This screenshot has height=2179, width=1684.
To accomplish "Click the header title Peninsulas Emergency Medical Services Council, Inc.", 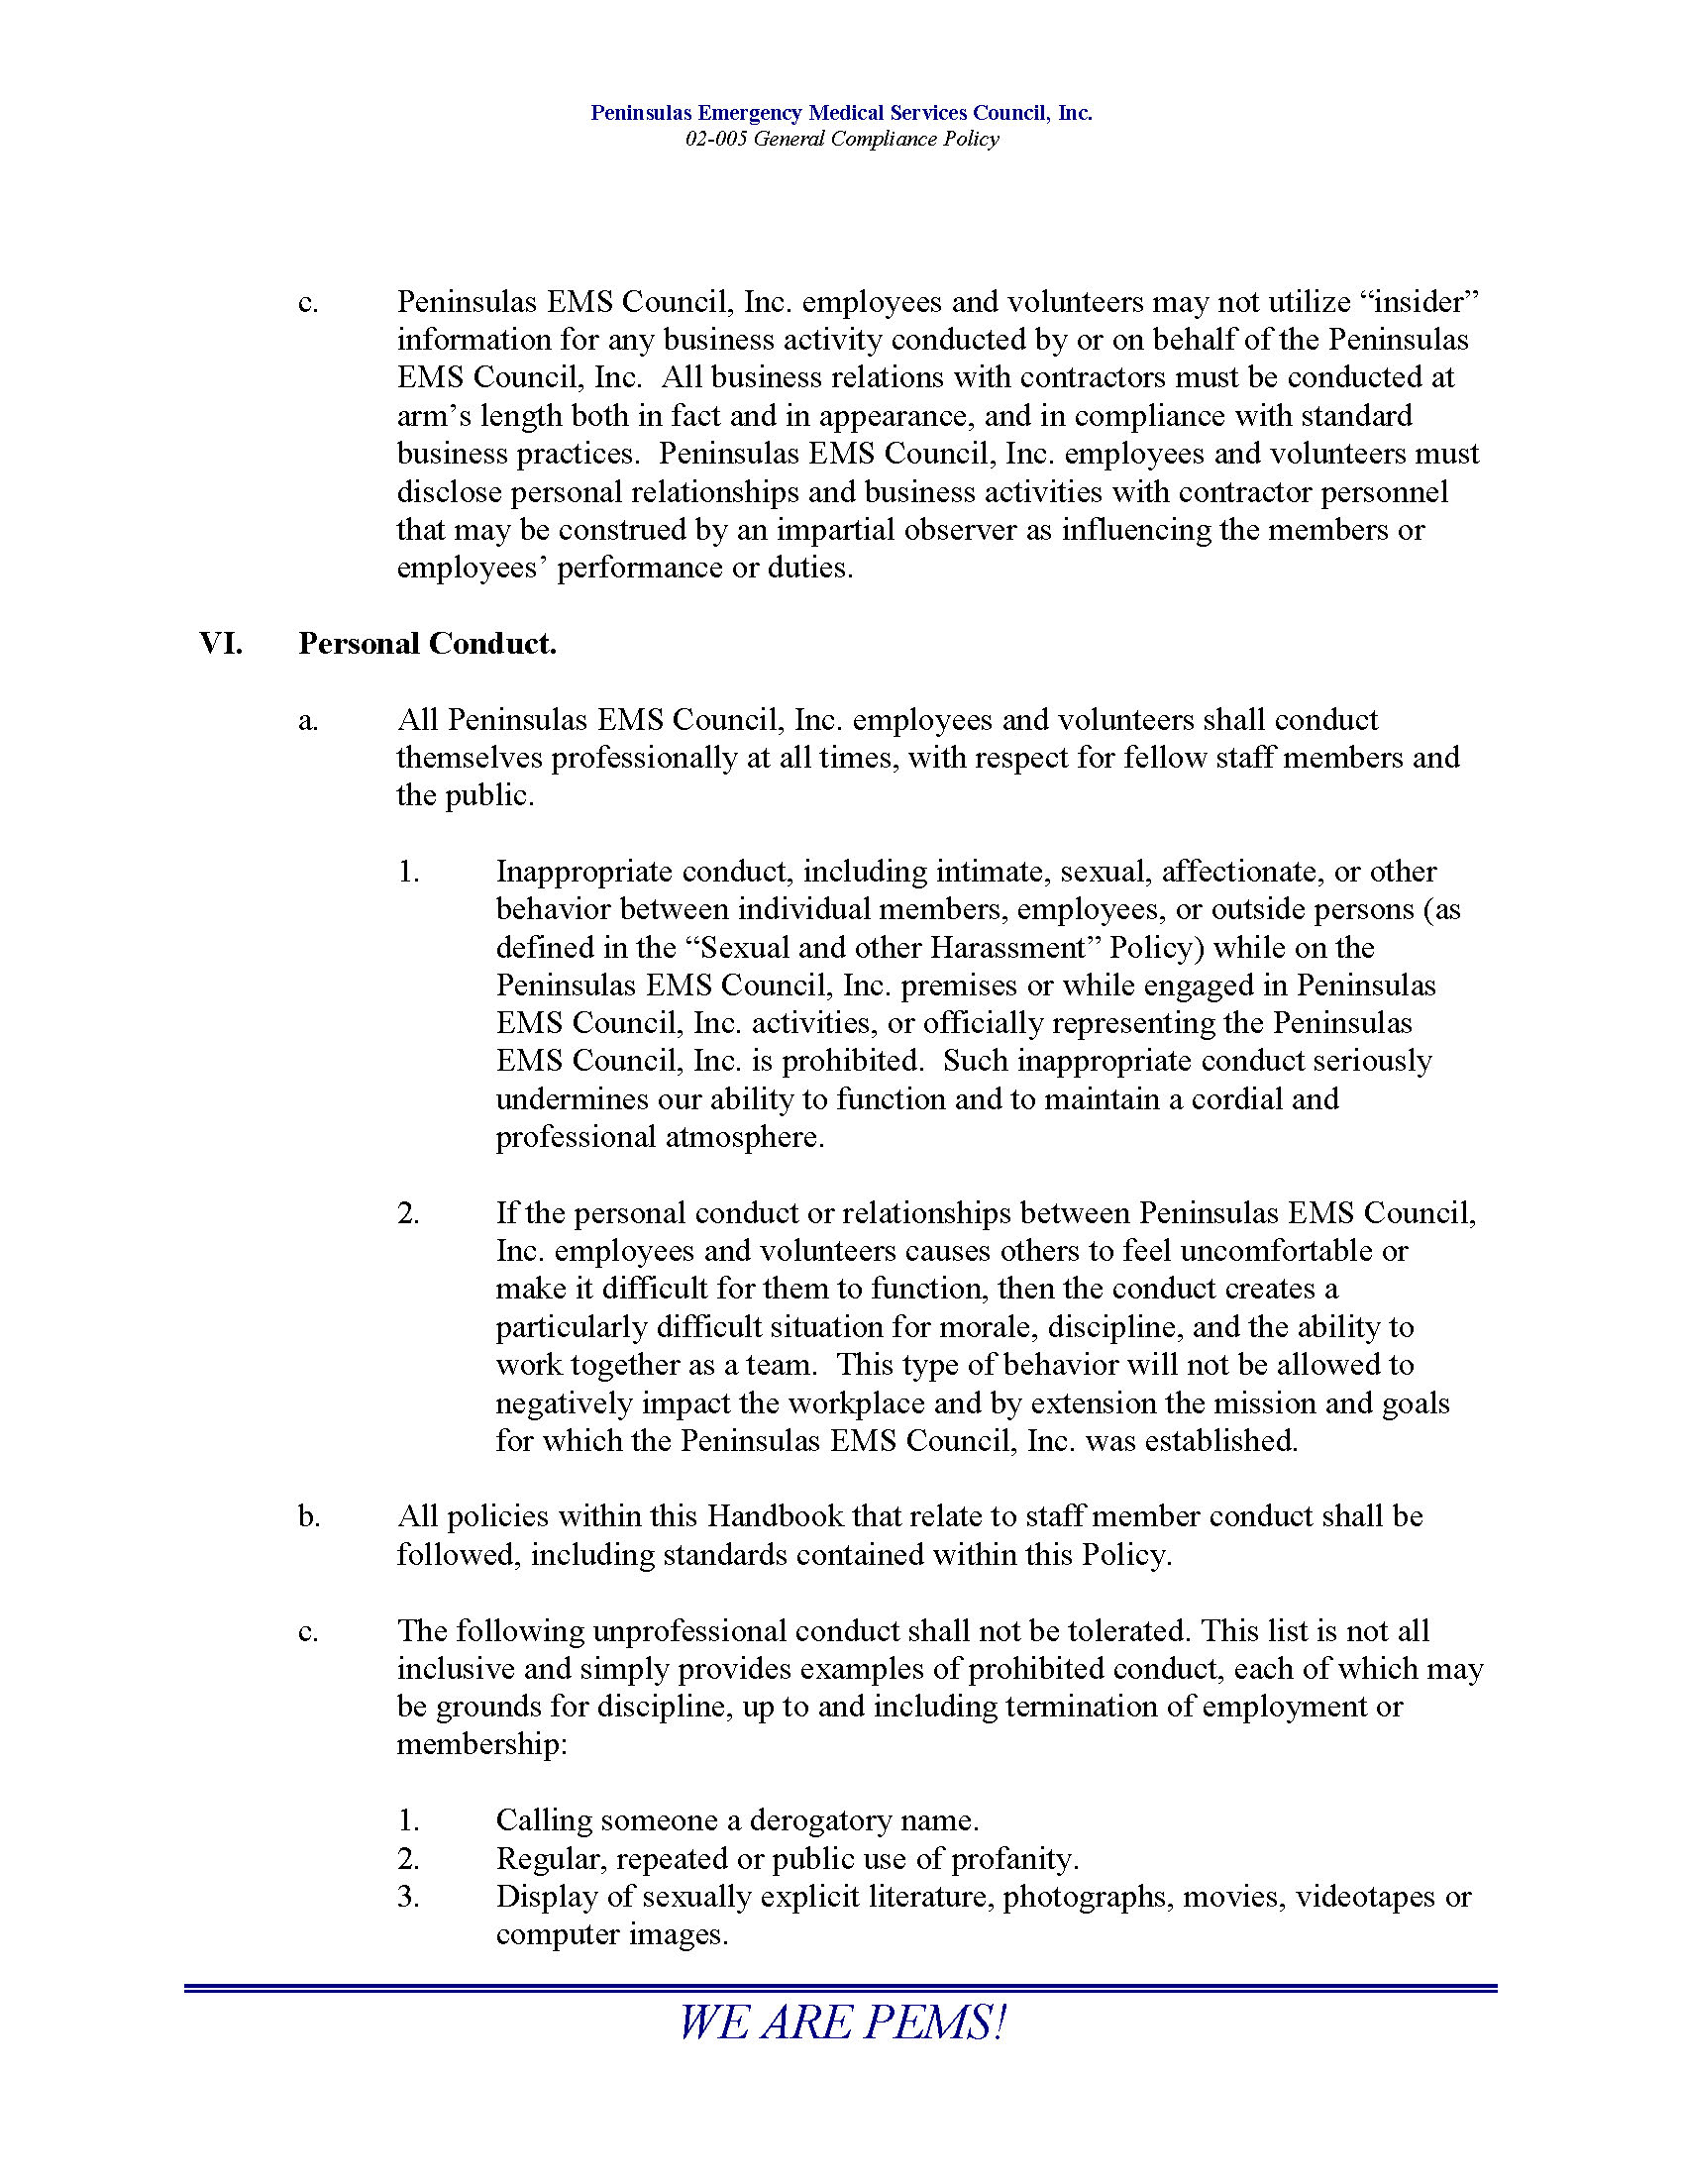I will pyautogui.click(x=841, y=113).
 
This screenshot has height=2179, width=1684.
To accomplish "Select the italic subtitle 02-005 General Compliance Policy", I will pyautogui.click(x=841, y=139).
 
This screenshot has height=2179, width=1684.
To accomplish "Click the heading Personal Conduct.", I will pyautogui.click(x=427, y=644).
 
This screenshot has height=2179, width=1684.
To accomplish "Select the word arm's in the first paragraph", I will pyautogui.click(x=434, y=416).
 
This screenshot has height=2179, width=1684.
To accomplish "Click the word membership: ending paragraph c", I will pyautogui.click(x=480, y=1745).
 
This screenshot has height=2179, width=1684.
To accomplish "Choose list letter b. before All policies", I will pyautogui.click(x=308, y=1516).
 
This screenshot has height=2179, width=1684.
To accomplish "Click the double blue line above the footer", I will pyautogui.click(x=841, y=1989).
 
